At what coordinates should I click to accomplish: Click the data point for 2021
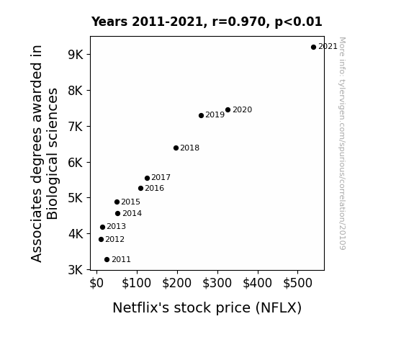point(313,48)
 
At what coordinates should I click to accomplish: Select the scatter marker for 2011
point(107,260)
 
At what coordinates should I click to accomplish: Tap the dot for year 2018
point(176,148)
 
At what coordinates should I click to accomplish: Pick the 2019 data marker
point(201,115)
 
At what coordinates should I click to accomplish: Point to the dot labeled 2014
point(118,213)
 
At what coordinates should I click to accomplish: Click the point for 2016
point(140,189)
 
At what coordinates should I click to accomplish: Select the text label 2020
point(243,109)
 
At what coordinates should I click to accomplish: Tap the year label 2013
point(117,226)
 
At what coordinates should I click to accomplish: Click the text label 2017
point(161,177)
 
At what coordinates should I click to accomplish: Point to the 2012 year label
point(115,239)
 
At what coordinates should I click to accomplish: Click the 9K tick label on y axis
point(76,55)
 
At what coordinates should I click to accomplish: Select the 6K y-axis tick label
point(76,162)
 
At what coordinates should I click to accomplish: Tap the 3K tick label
point(76,270)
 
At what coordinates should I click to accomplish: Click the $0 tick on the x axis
point(96,283)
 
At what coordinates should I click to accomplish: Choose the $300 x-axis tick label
point(217,283)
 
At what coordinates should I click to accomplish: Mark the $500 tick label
point(297,283)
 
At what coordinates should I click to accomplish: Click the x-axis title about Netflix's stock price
point(207,307)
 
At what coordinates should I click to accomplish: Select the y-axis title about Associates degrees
point(44,153)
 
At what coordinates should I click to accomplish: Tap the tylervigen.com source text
point(342,143)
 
